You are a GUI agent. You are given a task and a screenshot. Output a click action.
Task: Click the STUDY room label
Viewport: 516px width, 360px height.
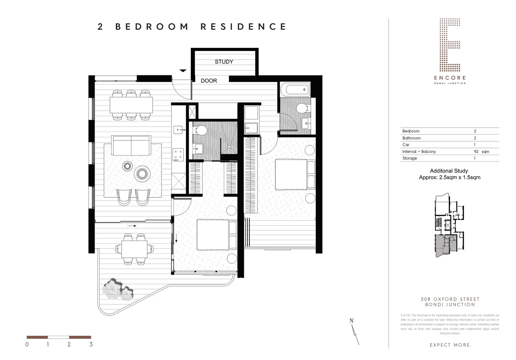pos(224,62)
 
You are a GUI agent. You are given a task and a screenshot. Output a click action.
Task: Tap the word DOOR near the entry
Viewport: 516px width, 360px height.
pos(209,81)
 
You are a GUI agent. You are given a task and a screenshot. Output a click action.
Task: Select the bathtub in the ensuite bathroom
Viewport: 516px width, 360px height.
pos(295,89)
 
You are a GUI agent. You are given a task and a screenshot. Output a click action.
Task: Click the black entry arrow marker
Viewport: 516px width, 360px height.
pos(183,71)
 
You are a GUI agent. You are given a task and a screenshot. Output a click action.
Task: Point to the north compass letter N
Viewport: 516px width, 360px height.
pos(351,321)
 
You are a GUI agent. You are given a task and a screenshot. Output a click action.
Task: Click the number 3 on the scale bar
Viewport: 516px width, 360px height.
pos(91,344)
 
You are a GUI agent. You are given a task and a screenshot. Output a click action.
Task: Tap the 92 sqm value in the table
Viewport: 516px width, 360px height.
pos(481,151)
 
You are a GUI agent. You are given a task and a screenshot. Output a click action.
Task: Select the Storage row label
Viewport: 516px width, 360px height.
pos(409,158)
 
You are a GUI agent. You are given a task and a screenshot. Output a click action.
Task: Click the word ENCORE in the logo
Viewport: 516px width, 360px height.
pos(450,78)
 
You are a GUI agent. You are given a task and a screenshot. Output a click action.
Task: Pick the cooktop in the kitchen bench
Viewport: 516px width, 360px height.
pos(178,154)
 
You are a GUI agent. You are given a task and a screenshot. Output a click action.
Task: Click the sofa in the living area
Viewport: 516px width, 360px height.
pos(131,145)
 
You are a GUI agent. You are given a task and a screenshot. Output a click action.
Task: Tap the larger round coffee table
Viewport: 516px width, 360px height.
pos(143,173)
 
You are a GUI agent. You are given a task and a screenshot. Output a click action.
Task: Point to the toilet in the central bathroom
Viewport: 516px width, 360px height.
pos(201,130)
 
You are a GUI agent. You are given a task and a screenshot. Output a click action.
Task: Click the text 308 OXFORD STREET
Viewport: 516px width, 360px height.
pos(450,299)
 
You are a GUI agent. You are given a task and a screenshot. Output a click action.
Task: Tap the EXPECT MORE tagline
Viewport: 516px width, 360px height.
pos(450,345)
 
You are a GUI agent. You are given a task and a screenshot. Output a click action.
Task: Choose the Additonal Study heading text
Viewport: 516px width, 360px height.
pos(449,171)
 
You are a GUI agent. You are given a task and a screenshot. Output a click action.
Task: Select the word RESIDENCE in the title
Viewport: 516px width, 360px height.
pos(243,27)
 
